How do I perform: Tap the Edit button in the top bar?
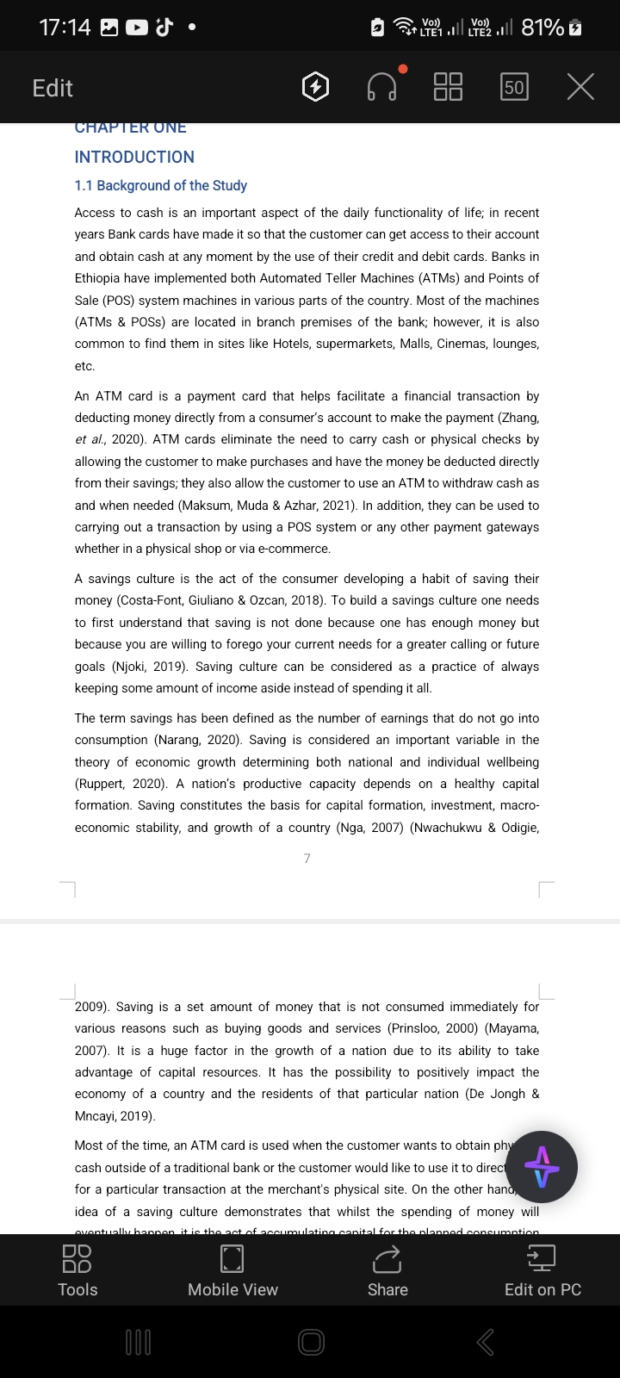pyautogui.click(x=52, y=88)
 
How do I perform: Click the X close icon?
pyautogui.click(x=580, y=87)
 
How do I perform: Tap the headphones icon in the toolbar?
pyautogui.click(x=382, y=86)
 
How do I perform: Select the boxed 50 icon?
pyautogui.click(x=514, y=87)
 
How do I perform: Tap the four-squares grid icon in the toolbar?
pyautogui.click(x=448, y=87)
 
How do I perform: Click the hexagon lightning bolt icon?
pyautogui.click(x=316, y=87)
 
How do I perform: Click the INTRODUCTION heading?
pyautogui.click(x=134, y=157)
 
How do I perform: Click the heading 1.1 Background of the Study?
pyautogui.click(x=160, y=185)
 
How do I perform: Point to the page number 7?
pyautogui.click(x=307, y=858)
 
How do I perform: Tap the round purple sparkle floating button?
pyautogui.click(x=542, y=1167)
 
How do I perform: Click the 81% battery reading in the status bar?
pyautogui.click(x=542, y=28)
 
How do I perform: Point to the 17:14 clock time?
pyautogui.click(x=65, y=28)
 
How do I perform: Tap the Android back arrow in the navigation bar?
pyautogui.click(x=486, y=1341)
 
